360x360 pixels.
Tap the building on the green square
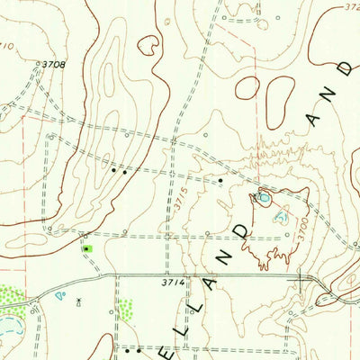pyautogui.click(x=86, y=247)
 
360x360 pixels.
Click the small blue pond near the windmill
pyautogui.click(x=60, y=294)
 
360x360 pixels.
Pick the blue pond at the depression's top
pyautogui.click(x=263, y=195)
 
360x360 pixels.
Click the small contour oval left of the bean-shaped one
pyautogui.click(x=247, y=88)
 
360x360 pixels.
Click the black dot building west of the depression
pyautogui.click(x=220, y=181)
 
